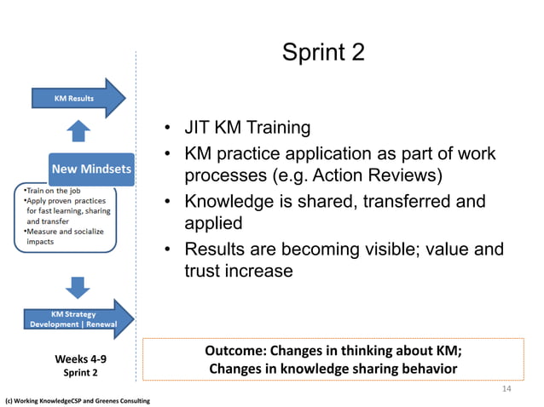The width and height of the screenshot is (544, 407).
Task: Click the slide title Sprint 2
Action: click(323, 53)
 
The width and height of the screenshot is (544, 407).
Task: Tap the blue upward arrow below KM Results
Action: click(78, 131)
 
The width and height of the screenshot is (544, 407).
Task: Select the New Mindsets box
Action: click(91, 169)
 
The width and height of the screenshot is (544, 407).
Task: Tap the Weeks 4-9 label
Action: click(82, 358)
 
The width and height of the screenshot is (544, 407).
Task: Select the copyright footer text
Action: click(78, 400)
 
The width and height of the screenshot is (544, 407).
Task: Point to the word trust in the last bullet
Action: click(205, 272)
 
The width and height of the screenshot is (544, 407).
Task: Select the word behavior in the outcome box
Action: click(424, 369)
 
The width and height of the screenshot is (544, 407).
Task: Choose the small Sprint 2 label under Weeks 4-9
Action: click(82, 373)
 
